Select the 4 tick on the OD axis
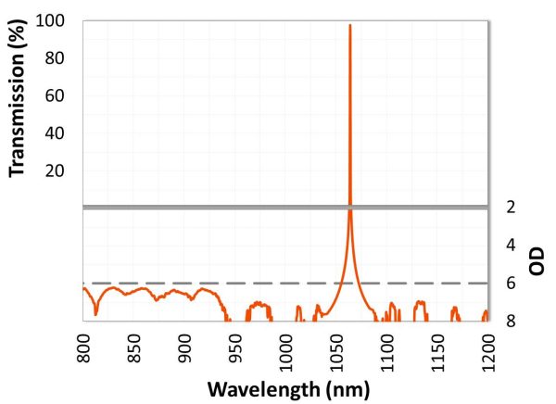(507, 246)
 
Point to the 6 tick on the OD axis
(507, 284)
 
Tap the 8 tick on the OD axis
(507, 322)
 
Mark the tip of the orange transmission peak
(349, 25)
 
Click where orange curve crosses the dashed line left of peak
(343, 283)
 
